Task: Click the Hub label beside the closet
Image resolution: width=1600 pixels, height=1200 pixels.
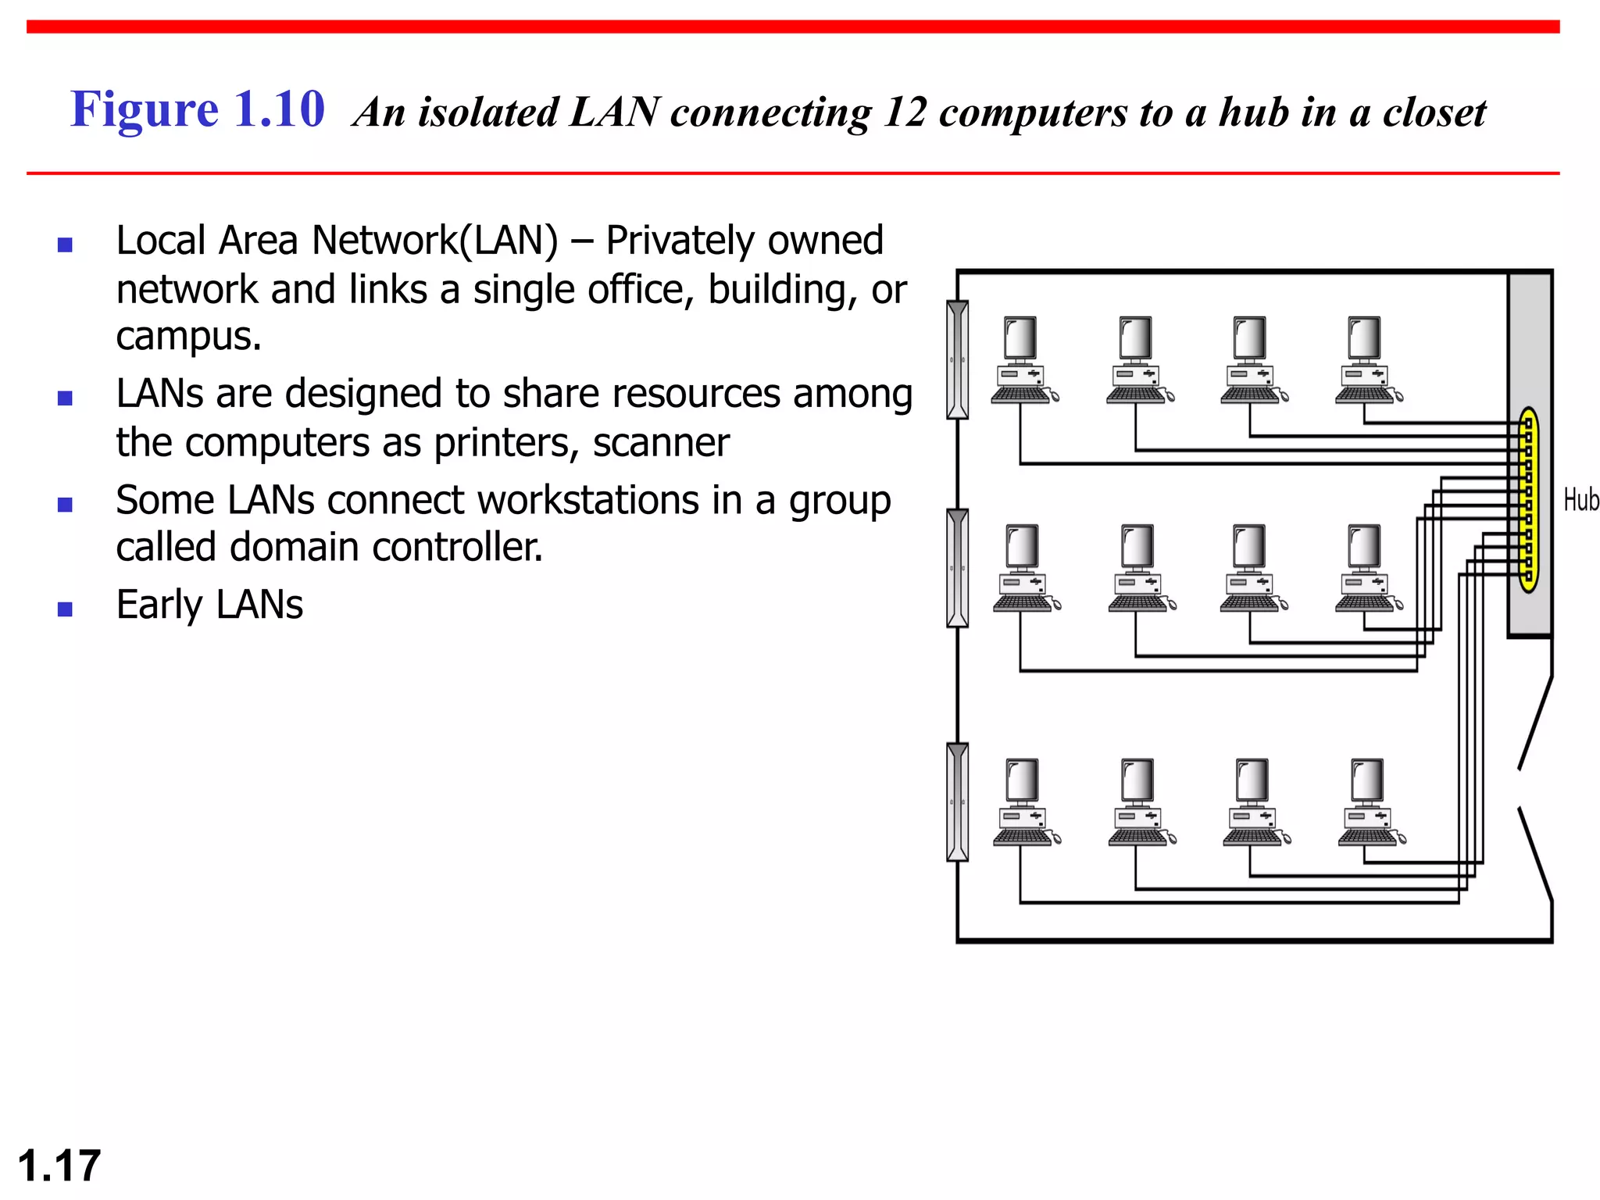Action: coord(1580,500)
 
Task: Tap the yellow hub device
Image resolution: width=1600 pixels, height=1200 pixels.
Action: coord(1529,500)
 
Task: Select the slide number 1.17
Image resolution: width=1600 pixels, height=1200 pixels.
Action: coord(59,1166)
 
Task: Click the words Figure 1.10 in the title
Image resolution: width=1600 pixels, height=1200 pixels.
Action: coord(198,109)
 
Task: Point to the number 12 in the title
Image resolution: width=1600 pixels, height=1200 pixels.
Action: coord(905,112)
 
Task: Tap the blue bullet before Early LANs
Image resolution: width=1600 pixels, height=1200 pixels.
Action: coord(65,609)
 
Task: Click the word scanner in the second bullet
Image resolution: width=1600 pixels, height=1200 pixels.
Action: coord(661,443)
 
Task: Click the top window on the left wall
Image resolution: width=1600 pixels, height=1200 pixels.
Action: coord(957,360)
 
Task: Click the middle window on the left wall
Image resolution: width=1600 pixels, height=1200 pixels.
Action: coord(957,568)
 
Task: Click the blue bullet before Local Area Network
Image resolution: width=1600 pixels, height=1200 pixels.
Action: coord(65,245)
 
